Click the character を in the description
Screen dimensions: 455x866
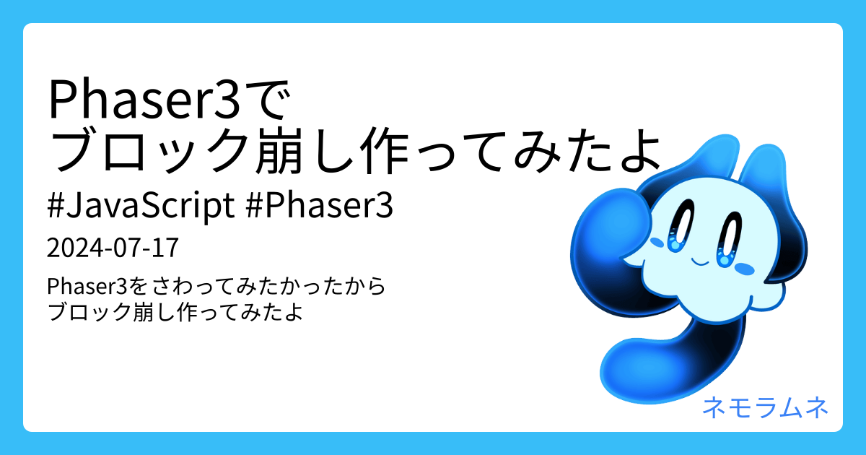(x=139, y=287)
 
